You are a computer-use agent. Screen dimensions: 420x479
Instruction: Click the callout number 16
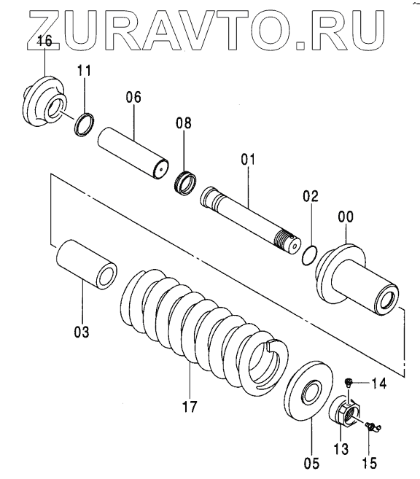point(44,41)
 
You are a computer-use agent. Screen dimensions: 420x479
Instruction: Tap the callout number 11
point(84,71)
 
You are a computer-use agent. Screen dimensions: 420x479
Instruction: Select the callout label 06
point(133,98)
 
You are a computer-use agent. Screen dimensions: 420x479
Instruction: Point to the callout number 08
point(184,122)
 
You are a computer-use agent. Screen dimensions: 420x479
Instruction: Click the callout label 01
point(248,159)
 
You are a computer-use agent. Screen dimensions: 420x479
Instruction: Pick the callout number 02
point(311,196)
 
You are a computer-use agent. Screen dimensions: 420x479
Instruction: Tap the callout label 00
point(346,217)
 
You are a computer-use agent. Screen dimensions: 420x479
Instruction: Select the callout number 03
point(82,332)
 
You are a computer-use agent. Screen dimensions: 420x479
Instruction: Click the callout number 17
point(190,407)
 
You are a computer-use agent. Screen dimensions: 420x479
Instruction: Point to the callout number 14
point(378,383)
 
